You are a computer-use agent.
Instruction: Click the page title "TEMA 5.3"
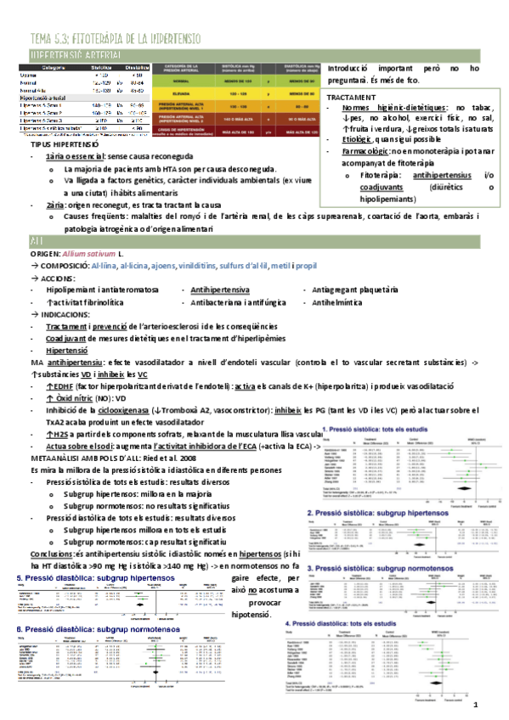[x=51, y=38]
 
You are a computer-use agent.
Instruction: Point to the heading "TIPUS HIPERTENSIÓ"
[x=63, y=145]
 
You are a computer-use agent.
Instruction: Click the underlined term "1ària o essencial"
[x=81, y=157]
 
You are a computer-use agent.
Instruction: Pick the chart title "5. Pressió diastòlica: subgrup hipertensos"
[x=95, y=578]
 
